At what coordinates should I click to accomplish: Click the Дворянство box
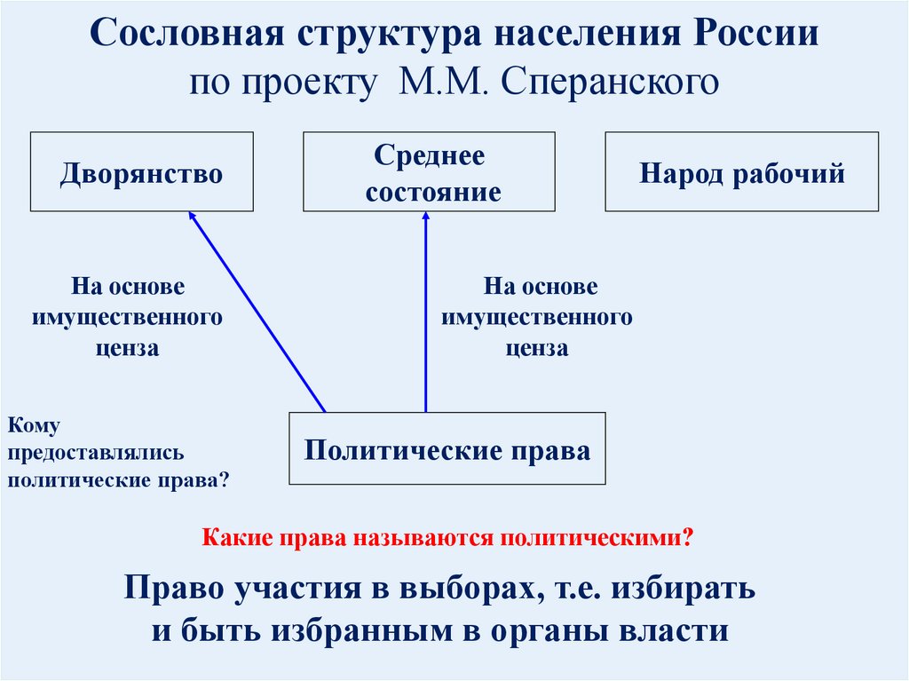pos(142,171)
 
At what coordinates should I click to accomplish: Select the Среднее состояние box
pos(429,171)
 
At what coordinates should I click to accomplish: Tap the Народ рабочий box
pos(742,171)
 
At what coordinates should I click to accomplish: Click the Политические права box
pos(447,448)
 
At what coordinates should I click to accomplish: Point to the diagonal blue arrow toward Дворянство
pos(257,312)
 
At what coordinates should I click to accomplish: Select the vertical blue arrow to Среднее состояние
pos(426,312)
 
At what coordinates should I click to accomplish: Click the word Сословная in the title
pos(187,33)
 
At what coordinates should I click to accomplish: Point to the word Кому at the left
pos(34,426)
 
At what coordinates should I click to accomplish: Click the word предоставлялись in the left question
pos(96,453)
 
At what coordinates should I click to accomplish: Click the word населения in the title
pos(586,33)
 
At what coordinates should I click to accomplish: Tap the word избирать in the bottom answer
pos(684,588)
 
